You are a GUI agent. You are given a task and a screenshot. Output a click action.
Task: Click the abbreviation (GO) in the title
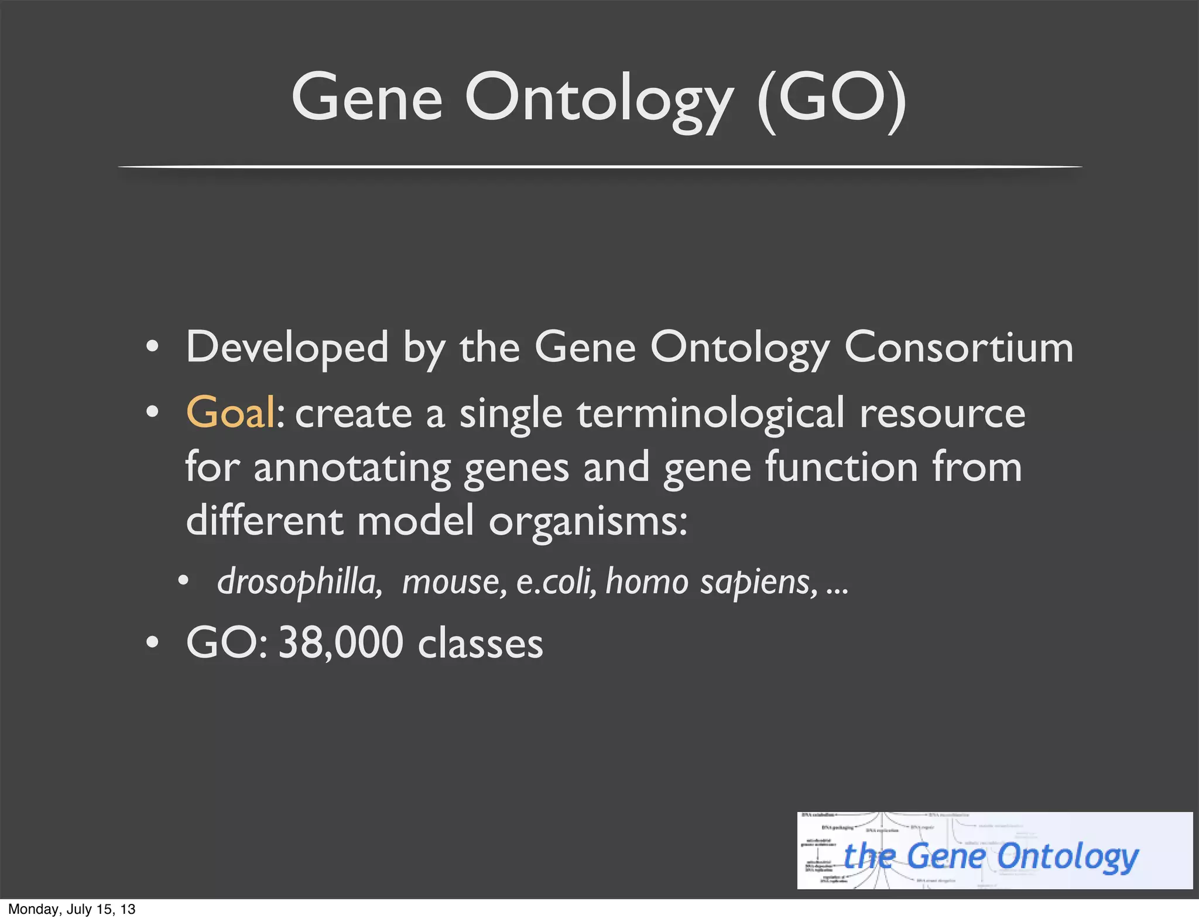pyautogui.click(x=831, y=98)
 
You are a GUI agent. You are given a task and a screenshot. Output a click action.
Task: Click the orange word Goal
pyautogui.click(x=230, y=413)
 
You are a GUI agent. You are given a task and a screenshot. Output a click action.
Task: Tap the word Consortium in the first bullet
pyautogui.click(x=958, y=348)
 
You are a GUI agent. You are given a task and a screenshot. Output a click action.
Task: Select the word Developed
pyautogui.click(x=287, y=348)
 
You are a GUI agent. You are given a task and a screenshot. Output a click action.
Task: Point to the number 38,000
pyautogui.click(x=341, y=642)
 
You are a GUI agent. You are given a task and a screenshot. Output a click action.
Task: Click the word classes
pyautogui.click(x=480, y=644)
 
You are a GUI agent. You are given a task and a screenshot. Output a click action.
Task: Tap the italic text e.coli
pyautogui.click(x=556, y=582)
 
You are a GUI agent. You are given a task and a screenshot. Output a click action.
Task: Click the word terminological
pyautogui.click(x=711, y=413)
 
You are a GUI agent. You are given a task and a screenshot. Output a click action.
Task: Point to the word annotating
pyautogui.click(x=352, y=468)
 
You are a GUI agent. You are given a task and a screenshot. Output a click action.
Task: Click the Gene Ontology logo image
pyautogui.click(x=994, y=851)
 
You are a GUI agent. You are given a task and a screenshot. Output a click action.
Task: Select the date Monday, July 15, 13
pyautogui.click(x=71, y=909)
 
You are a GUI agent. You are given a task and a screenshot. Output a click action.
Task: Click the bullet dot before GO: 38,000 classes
pyautogui.click(x=152, y=642)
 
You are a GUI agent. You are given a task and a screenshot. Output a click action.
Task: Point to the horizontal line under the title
pyautogui.click(x=599, y=167)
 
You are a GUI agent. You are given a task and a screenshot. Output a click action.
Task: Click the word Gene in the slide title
pyautogui.click(x=366, y=98)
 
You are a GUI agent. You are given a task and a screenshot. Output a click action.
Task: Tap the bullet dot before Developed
pyautogui.click(x=152, y=348)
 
